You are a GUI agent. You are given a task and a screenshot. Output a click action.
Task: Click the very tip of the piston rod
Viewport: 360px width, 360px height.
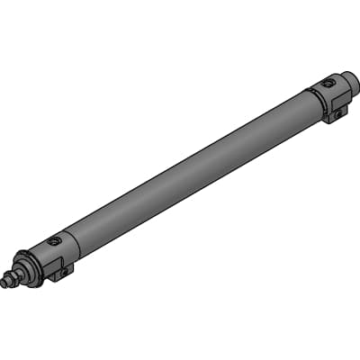click(4, 283)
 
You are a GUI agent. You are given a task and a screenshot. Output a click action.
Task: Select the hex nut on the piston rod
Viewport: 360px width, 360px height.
click(12, 278)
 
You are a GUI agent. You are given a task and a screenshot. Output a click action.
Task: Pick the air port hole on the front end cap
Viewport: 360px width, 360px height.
click(55, 242)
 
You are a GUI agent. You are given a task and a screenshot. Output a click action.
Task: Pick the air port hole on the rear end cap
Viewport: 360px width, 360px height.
click(328, 84)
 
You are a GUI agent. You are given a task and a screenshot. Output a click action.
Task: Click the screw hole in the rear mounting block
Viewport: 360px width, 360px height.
click(339, 112)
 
